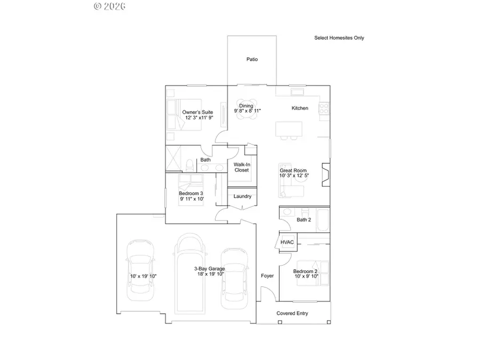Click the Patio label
click(x=252, y=59)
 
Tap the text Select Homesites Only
click(x=339, y=38)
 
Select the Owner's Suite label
click(x=198, y=113)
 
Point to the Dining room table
click(x=246, y=111)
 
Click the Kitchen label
click(x=300, y=108)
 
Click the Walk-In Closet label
click(x=242, y=167)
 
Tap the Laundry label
click(x=242, y=196)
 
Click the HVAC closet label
click(x=287, y=243)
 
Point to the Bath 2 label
click(x=303, y=220)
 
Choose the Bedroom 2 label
click(x=305, y=271)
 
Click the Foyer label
click(x=267, y=276)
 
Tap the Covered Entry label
click(x=292, y=313)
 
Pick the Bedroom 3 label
click(x=191, y=194)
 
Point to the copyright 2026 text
click(x=109, y=6)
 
